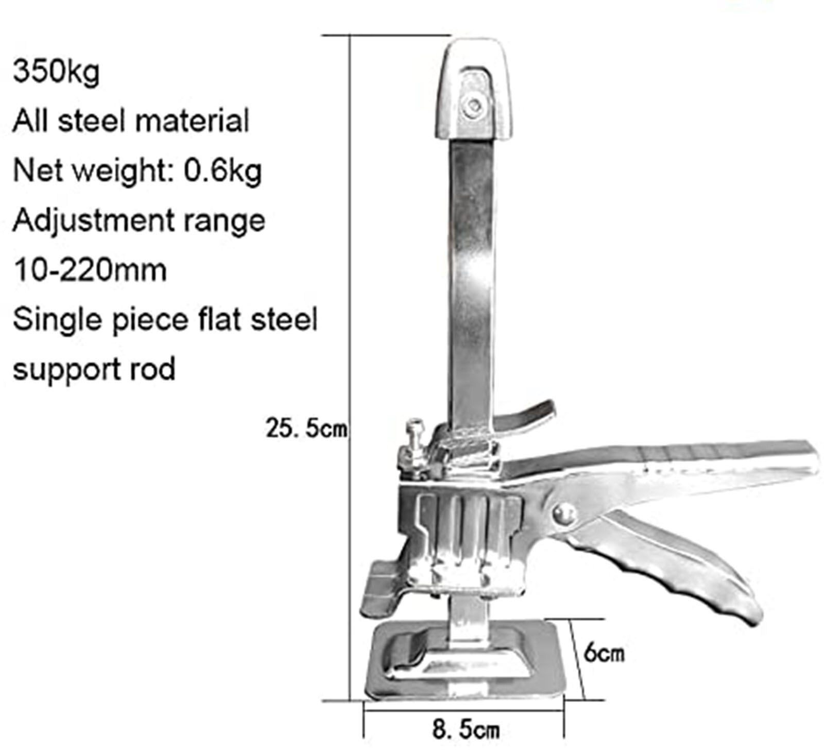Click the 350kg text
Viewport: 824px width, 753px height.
pos(56,72)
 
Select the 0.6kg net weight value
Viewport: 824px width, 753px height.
pos(223,170)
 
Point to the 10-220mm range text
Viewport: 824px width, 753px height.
pos(90,270)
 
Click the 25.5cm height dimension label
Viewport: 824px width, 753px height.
pos(306,429)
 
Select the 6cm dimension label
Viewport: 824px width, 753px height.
pos(603,653)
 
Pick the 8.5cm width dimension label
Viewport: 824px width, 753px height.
pos(465,729)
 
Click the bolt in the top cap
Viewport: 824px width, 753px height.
pos(473,107)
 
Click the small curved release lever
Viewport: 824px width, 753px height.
pos(530,415)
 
